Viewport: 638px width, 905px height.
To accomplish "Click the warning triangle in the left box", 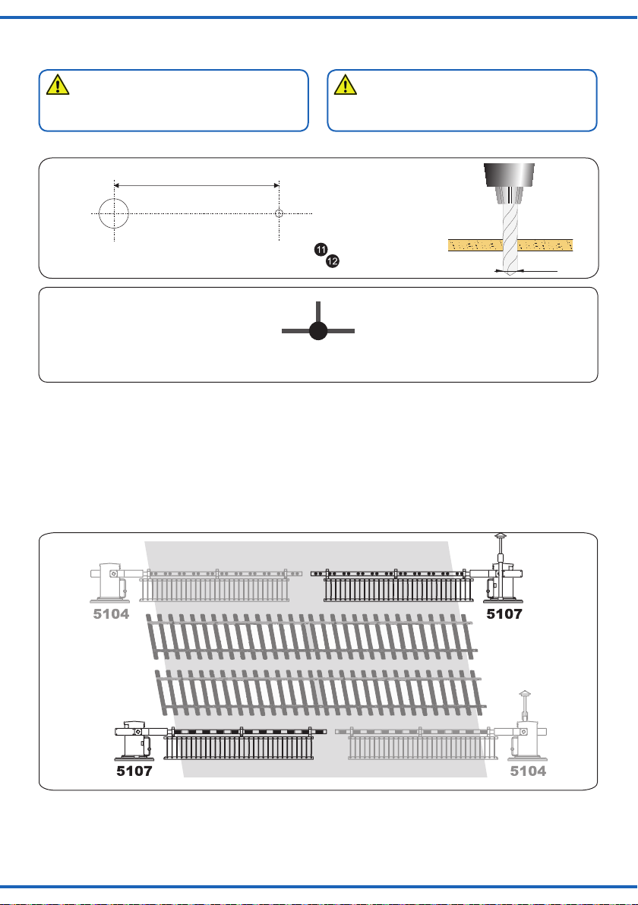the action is point(58,84).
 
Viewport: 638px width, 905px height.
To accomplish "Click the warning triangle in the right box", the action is point(346,84).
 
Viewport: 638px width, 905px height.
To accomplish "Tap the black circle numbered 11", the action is point(321,249).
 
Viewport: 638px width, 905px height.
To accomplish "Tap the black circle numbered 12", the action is point(333,261).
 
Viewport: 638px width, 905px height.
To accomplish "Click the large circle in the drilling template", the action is point(114,200).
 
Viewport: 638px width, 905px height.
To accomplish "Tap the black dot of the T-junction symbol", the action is point(318,331).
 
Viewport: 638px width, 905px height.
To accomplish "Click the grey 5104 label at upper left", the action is point(112,613).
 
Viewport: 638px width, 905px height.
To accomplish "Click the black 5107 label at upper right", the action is point(504,613).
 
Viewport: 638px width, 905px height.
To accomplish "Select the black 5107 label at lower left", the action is point(134,771).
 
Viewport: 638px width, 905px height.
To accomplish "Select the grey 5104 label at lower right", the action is point(528,771).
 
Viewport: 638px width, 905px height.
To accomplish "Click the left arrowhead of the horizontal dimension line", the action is point(117,185).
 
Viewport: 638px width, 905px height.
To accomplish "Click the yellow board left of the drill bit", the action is point(475,245).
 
